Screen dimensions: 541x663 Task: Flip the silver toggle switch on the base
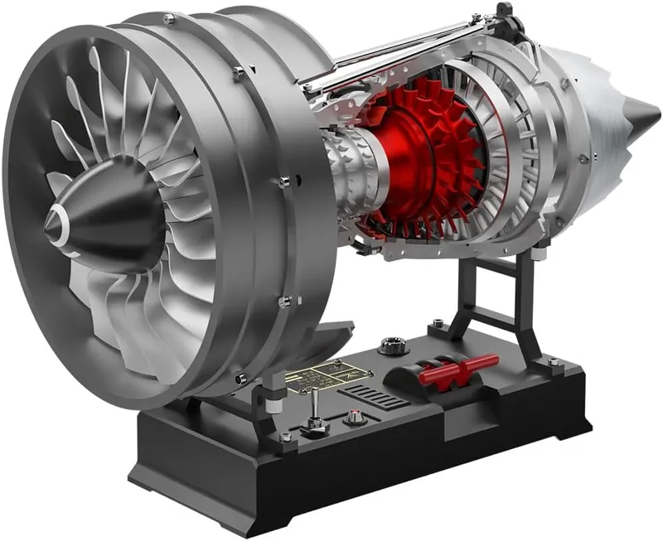tap(315, 413)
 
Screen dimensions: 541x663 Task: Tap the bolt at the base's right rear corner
tap(552, 362)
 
